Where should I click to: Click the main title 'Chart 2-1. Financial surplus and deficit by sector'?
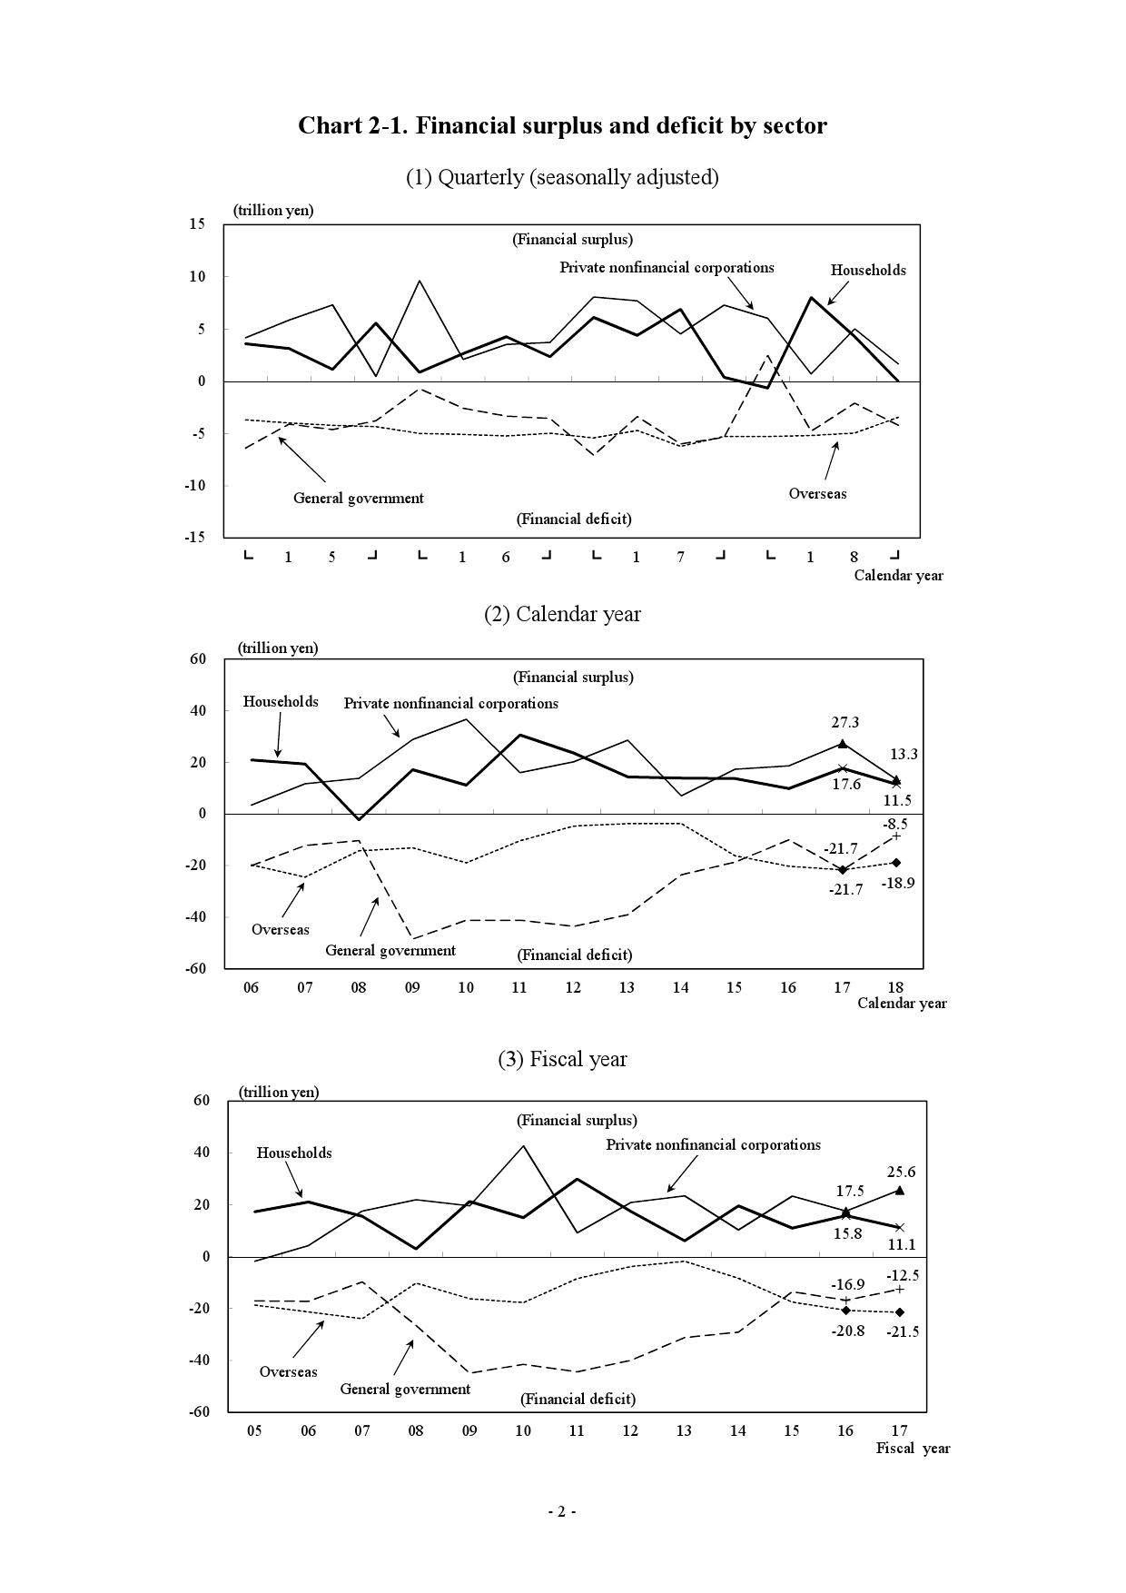tap(562, 125)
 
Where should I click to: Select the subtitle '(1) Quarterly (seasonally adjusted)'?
tap(562, 177)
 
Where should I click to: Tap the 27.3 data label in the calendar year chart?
tap(844, 723)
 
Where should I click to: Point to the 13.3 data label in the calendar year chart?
tap(903, 754)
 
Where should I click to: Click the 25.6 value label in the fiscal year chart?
tap(901, 1172)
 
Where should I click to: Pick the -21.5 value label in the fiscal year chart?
tap(903, 1331)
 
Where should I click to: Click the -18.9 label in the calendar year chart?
tap(898, 883)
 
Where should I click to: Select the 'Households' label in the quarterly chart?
tap(868, 270)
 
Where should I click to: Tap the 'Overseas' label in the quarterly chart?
tap(817, 494)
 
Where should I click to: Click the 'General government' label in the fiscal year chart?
tap(405, 1389)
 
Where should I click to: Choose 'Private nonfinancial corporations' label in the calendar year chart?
tap(450, 704)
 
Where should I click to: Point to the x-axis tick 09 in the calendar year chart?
tap(412, 987)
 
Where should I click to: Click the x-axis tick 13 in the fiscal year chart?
tap(684, 1431)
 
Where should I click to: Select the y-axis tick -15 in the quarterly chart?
tap(195, 537)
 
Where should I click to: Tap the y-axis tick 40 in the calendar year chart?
tap(197, 711)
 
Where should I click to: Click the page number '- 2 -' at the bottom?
tap(562, 1511)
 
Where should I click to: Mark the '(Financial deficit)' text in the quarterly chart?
tap(574, 519)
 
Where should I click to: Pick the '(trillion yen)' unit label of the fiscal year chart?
tap(279, 1093)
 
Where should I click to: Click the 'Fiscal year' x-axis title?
tap(913, 1449)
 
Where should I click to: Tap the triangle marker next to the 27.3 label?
tap(843, 744)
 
